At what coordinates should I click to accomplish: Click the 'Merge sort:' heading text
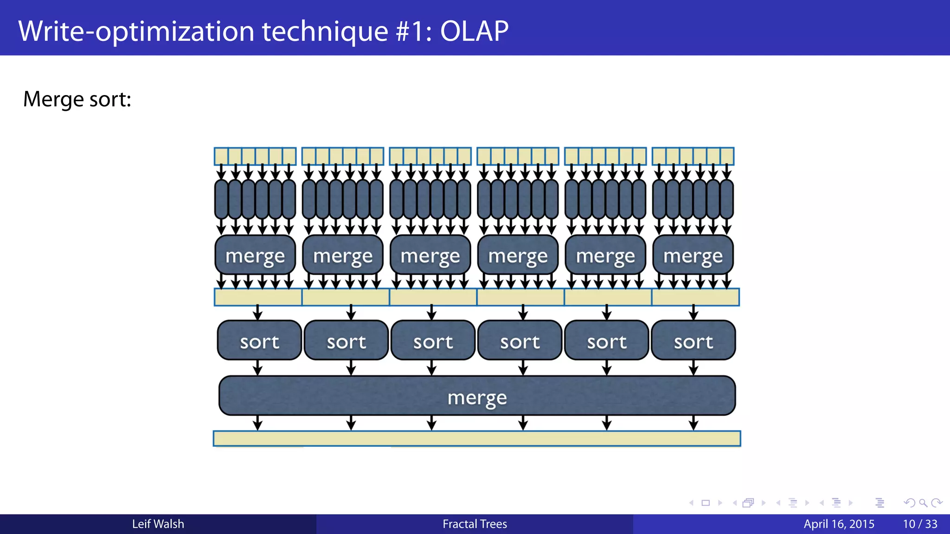click(x=77, y=99)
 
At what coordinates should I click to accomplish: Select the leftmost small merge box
click(x=255, y=255)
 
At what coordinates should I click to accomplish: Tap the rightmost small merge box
click(x=693, y=255)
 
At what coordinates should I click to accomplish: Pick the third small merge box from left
click(x=430, y=255)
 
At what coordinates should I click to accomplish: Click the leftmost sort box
click(x=259, y=341)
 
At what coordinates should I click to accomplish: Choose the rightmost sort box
click(x=693, y=341)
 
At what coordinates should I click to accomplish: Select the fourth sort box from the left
click(x=520, y=341)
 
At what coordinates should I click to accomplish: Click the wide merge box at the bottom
click(x=477, y=396)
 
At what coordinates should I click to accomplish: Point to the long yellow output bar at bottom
click(x=477, y=438)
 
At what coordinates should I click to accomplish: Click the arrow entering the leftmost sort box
click(x=258, y=313)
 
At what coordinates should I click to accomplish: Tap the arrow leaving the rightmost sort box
click(x=693, y=368)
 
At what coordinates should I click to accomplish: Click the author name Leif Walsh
click(x=158, y=524)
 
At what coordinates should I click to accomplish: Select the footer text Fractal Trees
click(x=475, y=524)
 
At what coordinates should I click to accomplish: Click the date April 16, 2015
click(x=839, y=524)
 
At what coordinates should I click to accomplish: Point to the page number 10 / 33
click(x=920, y=524)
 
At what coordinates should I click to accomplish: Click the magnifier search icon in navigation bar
click(x=923, y=503)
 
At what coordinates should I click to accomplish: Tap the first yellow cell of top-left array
click(x=221, y=156)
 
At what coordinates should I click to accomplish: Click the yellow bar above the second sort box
click(x=346, y=297)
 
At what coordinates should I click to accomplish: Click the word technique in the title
click(x=325, y=31)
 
